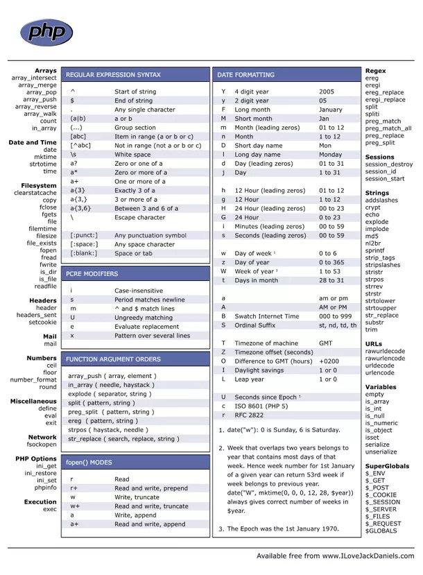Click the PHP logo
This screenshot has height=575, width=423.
pos(46,31)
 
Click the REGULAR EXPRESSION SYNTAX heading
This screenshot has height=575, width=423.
pos(113,74)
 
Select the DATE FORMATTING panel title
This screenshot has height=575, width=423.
pos(245,74)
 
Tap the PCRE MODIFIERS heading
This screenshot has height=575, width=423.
pos(92,274)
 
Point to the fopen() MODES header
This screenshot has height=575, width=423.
pos(89,462)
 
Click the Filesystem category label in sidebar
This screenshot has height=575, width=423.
pos(39,185)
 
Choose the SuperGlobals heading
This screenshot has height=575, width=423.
pos(387,466)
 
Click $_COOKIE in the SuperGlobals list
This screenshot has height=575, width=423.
pos(381,495)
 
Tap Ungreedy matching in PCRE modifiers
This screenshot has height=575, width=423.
pos(144,317)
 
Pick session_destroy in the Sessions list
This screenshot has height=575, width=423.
pos(388,164)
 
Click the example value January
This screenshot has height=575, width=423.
pos(331,110)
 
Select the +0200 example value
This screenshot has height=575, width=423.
pos(329,361)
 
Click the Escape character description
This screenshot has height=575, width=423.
pos(139,217)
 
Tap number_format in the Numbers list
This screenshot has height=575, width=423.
pos(33,379)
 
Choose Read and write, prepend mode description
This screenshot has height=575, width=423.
pos(151,488)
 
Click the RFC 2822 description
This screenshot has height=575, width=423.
pos(251,415)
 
